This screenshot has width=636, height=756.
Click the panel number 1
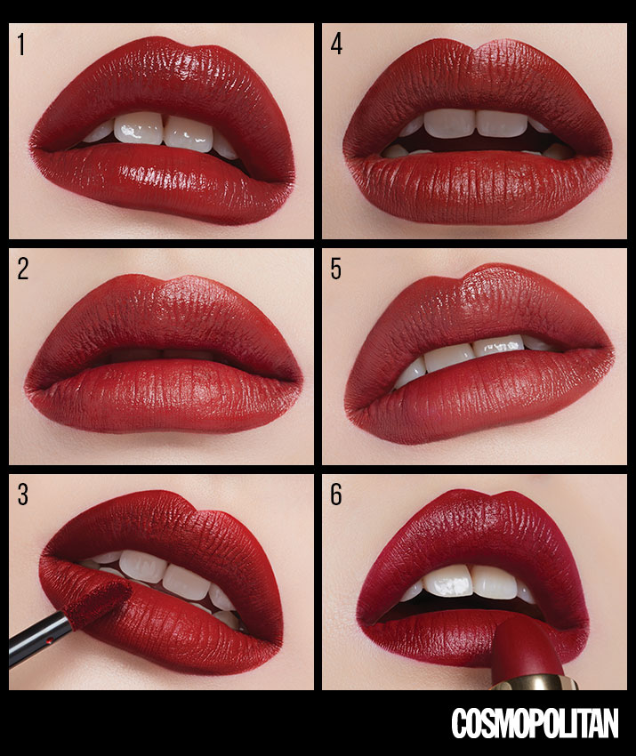pos(20,44)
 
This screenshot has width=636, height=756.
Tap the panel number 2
pos(22,269)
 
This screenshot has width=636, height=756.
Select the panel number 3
pos(22,495)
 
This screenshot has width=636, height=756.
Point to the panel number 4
pos(336,44)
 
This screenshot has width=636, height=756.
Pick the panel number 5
pos(336,269)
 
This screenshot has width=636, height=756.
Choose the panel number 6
pos(336,495)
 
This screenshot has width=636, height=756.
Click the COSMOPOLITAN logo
pos(535,723)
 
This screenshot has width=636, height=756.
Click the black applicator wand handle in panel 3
pos(41,639)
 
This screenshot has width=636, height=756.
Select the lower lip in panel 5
pos(478,390)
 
